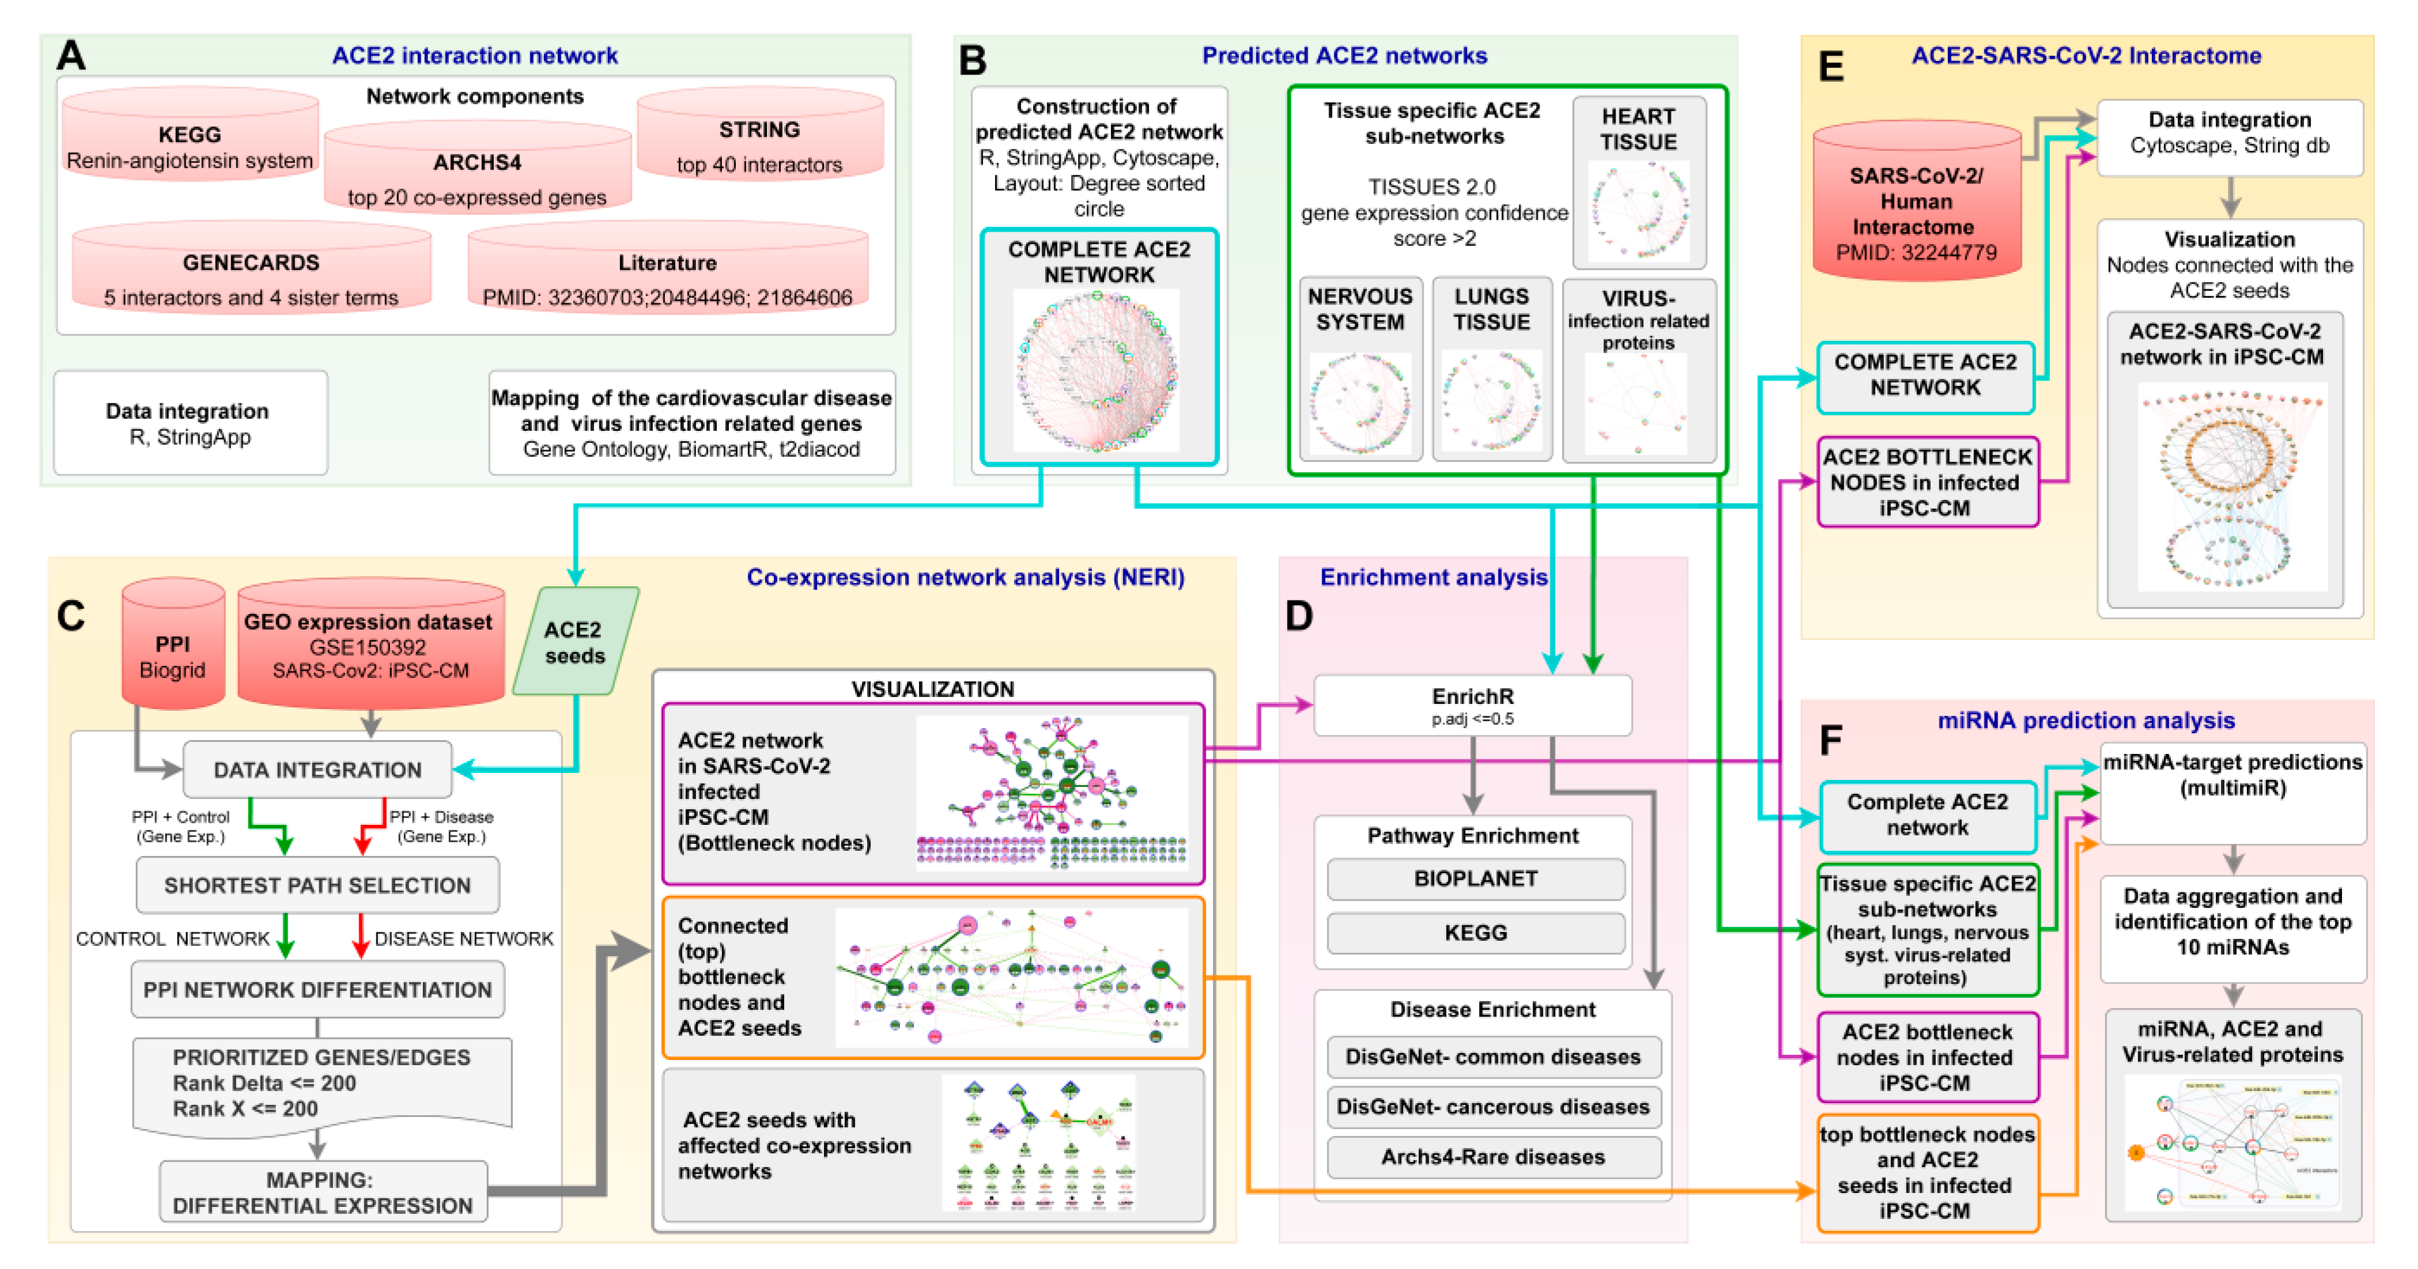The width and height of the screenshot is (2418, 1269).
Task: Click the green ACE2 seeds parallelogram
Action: click(574, 642)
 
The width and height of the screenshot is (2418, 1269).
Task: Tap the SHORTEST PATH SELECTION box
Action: click(318, 885)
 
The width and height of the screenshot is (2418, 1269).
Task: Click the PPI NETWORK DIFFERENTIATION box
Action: click(318, 990)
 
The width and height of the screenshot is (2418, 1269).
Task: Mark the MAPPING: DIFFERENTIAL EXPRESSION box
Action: click(323, 1192)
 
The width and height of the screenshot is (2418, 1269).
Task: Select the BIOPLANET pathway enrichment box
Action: click(1476, 879)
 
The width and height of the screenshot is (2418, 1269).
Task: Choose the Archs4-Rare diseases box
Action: click(1493, 1156)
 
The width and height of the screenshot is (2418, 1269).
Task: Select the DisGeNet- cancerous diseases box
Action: click(1493, 1107)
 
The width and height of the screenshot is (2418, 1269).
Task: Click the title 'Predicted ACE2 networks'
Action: click(1344, 55)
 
